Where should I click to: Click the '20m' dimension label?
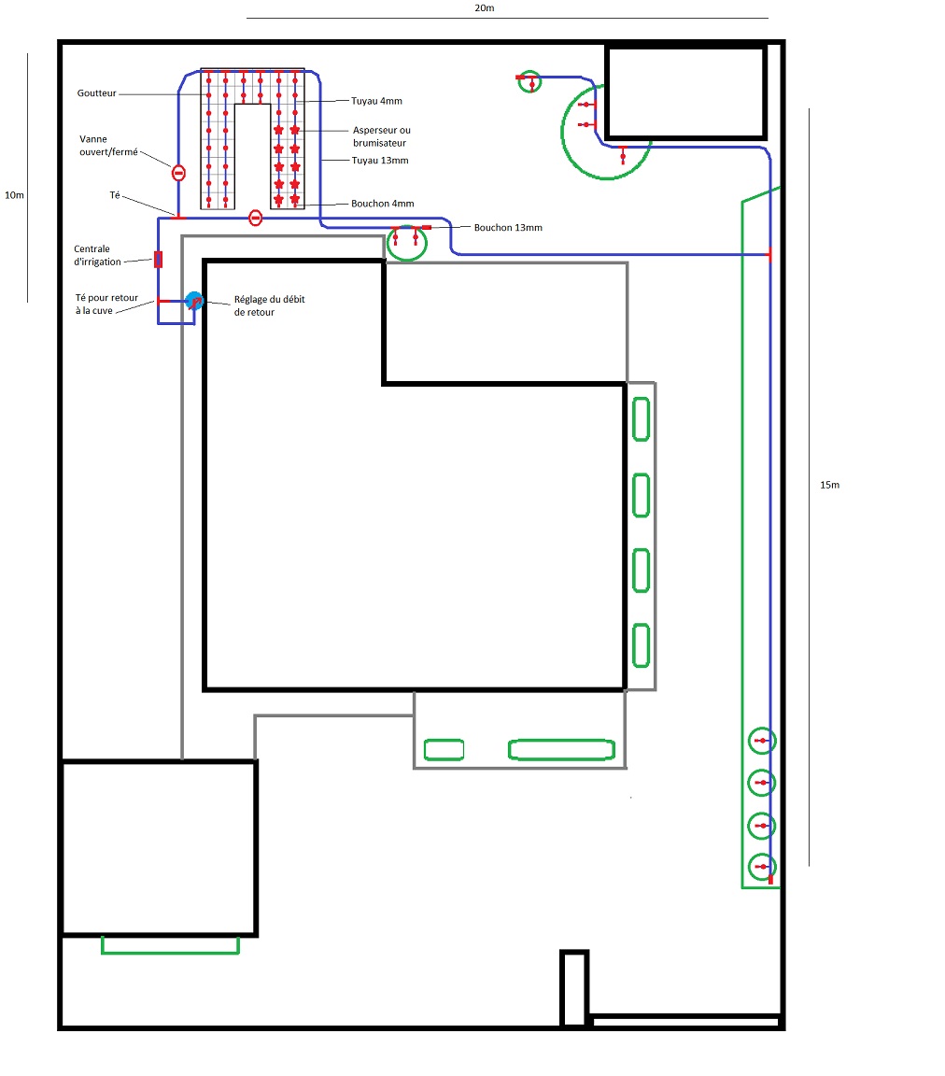click(x=484, y=8)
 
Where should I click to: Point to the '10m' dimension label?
click(x=14, y=195)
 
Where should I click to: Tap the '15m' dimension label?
click(x=830, y=485)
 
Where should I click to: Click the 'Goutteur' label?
click(x=97, y=92)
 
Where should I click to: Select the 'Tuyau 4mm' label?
click(x=376, y=101)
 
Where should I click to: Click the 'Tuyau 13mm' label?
click(x=380, y=161)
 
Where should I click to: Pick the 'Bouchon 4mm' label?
click(x=382, y=204)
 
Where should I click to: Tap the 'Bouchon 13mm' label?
click(x=508, y=228)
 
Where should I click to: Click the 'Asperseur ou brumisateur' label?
click(x=382, y=136)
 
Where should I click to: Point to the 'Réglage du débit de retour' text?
click(x=269, y=305)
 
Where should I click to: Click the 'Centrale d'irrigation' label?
click(x=97, y=255)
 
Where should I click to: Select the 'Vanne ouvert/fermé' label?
click(x=108, y=146)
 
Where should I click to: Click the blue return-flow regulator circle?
click(x=194, y=301)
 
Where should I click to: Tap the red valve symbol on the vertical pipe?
click(x=178, y=173)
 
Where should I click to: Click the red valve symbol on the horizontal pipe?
click(x=255, y=219)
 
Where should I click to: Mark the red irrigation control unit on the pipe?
click(x=159, y=260)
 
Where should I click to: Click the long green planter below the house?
click(x=561, y=750)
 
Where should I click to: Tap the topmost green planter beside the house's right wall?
click(x=641, y=419)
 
